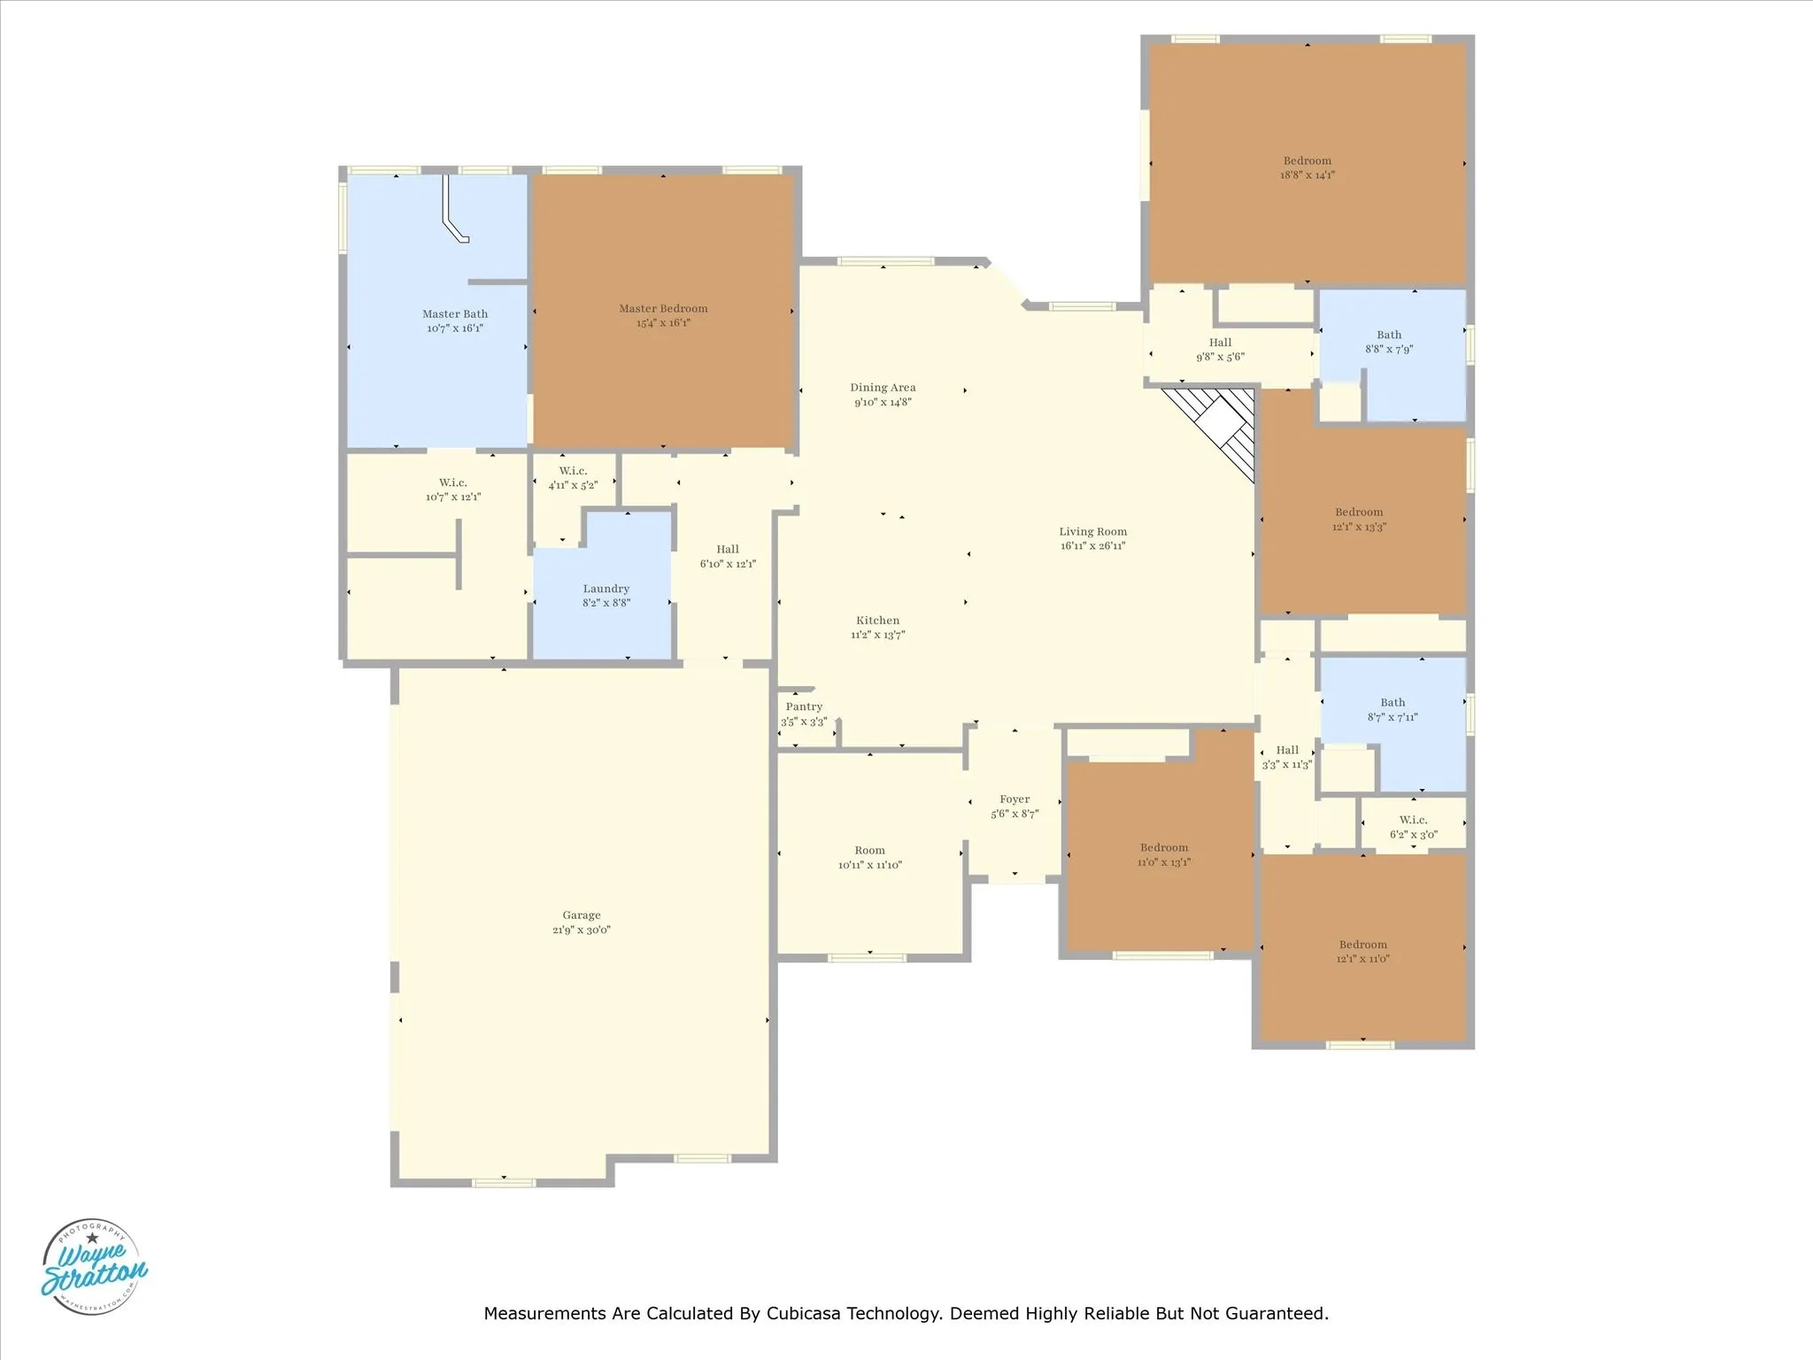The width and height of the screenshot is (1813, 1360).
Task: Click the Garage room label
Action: [x=582, y=916]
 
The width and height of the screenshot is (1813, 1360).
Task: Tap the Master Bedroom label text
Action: [x=663, y=309]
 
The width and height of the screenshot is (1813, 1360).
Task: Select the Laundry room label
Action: [x=606, y=589]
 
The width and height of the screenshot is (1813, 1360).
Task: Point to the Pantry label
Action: [x=804, y=707]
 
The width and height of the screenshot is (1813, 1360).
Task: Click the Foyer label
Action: [x=1015, y=800]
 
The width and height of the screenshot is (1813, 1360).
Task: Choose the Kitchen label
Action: [x=877, y=621]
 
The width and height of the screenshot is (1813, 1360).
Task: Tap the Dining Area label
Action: [x=883, y=388]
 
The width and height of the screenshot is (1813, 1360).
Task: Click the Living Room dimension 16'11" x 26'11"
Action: [x=1092, y=546]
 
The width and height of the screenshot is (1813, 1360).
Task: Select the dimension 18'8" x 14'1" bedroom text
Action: [x=1307, y=175]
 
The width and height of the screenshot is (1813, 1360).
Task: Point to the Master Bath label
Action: [x=455, y=314]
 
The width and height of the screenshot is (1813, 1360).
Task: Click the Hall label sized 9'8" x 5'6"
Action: [x=1220, y=343]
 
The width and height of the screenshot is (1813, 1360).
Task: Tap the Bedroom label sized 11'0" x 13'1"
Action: [x=1164, y=847]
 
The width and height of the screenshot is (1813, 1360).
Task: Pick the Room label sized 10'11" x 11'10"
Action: [x=869, y=851]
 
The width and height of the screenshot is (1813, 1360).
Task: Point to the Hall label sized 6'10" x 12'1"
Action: [x=728, y=549]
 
